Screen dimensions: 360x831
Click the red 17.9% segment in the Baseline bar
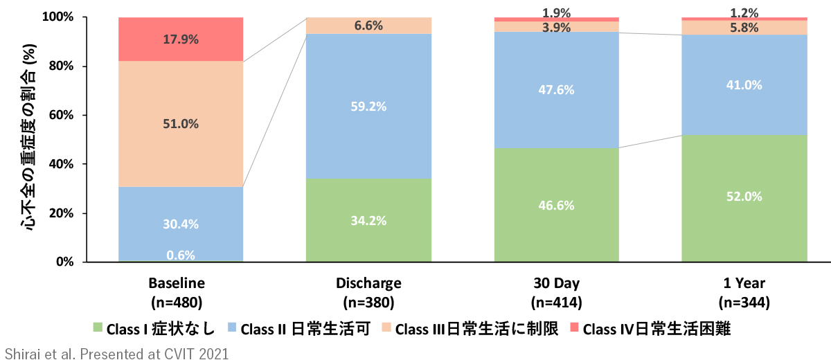click(x=181, y=39)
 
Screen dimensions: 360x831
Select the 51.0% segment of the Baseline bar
click(x=181, y=124)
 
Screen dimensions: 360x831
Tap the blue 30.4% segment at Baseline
click(x=181, y=223)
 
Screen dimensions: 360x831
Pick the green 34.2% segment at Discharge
click(x=369, y=220)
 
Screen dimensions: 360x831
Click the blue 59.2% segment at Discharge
click(x=369, y=106)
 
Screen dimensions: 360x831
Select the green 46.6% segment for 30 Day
click(x=557, y=205)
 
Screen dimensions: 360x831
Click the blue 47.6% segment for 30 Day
click(x=557, y=90)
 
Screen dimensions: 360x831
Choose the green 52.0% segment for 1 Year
click(x=744, y=197)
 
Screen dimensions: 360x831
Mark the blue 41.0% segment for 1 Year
click(x=744, y=85)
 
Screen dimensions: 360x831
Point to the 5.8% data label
click(x=744, y=28)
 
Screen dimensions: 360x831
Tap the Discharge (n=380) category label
click(x=368, y=292)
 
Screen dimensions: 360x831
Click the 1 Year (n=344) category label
click(x=744, y=292)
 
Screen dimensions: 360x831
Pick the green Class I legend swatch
click(x=98, y=327)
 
